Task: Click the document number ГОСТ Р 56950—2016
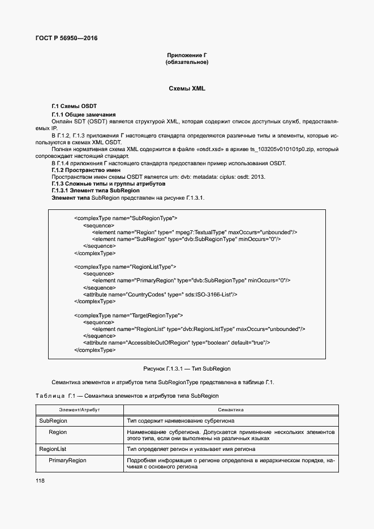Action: click(66, 38)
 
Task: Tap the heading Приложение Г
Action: click(187, 55)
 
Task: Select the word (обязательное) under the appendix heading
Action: click(187, 62)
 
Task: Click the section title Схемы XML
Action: click(187, 89)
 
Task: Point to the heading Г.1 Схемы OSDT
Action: click(74, 106)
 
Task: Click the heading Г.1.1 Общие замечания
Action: click(83, 114)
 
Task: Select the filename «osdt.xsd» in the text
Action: click(213, 149)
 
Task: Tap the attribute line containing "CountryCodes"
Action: click(160, 294)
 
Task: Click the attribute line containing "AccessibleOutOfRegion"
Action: click(177, 343)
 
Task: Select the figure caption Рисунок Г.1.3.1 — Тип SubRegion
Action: click(187, 368)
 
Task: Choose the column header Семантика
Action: click(231, 409)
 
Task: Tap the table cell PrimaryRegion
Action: click(67, 461)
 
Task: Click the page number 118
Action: click(40, 480)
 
